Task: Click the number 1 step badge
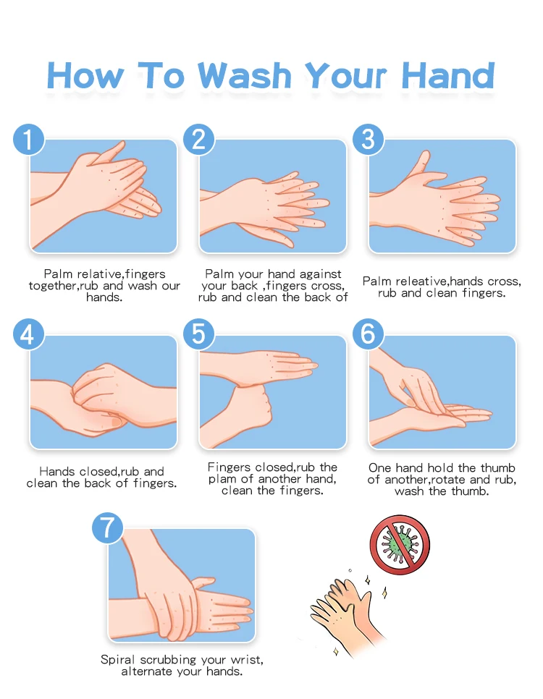tap(28, 140)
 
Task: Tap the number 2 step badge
tap(199, 140)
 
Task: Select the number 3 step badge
tap(368, 140)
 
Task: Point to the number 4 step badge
tap(28, 334)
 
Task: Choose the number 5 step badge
tap(199, 334)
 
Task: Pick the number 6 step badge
tap(368, 334)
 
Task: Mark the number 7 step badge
tap(108, 528)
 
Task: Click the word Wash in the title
tap(245, 75)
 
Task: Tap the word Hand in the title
tap(448, 75)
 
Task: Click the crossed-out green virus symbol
tap(400, 545)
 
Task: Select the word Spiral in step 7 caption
tap(118, 660)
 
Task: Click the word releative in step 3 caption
tap(421, 281)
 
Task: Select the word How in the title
tap(85, 75)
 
